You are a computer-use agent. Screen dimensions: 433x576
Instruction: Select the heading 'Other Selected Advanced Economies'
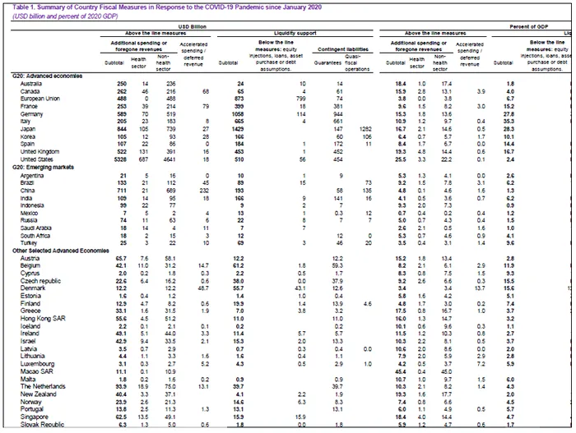click(58, 251)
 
